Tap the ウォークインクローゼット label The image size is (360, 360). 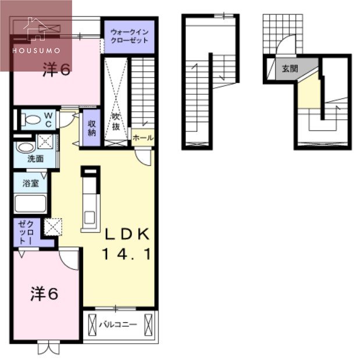pyautogui.click(x=129, y=37)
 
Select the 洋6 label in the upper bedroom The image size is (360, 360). pyautogui.click(x=56, y=70)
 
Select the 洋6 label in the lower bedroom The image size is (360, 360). pyautogui.click(x=44, y=294)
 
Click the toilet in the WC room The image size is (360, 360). pyautogui.click(x=32, y=120)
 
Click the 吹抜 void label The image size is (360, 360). pyautogui.click(x=116, y=122)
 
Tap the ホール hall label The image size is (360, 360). pyautogui.click(x=143, y=138)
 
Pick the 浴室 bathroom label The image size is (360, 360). pyautogui.click(x=31, y=183)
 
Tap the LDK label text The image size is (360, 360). pyautogui.click(x=128, y=234)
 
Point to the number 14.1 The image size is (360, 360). pyautogui.click(x=127, y=254)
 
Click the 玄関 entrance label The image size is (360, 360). pyautogui.click(x=290, y=68)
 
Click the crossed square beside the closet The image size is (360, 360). pyautogui.click(x=53, y=226)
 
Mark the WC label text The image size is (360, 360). pyautogui.click(x=49, y=120)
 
